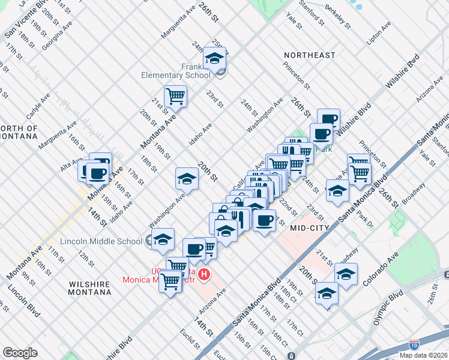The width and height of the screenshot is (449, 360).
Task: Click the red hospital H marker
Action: [x=205, y=275]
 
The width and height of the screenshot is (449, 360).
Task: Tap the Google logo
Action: [x=20, y=353]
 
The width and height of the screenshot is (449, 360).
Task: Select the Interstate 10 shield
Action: [x=414, y=344]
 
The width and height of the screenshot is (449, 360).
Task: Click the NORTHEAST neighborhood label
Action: [x=310, y=55]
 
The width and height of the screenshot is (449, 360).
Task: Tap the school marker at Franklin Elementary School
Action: [x=214, y=58]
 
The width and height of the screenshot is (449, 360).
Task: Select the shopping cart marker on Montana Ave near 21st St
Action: [x=175, y=95]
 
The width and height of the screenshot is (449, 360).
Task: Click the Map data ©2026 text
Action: [x=423, y=355]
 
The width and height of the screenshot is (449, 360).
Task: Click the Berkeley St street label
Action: [x=339, y=15]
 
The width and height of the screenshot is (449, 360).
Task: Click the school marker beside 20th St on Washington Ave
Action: [x=187, y=179]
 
